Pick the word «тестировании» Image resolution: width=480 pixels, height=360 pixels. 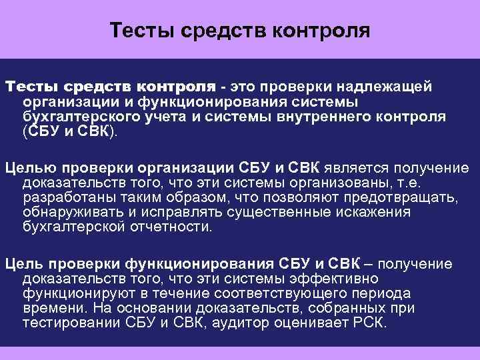67,323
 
